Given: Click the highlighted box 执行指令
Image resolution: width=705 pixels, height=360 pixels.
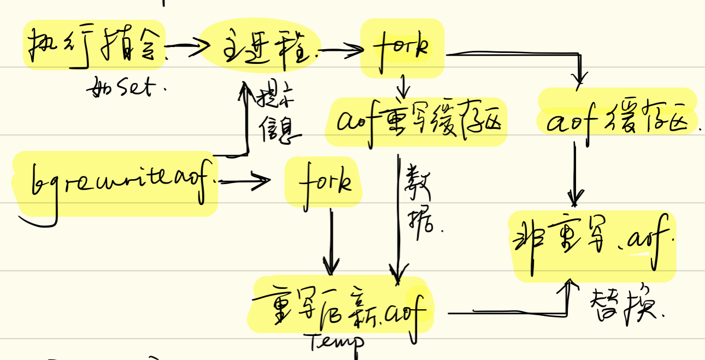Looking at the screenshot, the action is point(94,46).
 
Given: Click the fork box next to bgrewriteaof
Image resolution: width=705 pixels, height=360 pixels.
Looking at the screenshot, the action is point(324,182).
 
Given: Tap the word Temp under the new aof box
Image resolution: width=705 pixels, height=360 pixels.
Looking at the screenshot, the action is point(336,342).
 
